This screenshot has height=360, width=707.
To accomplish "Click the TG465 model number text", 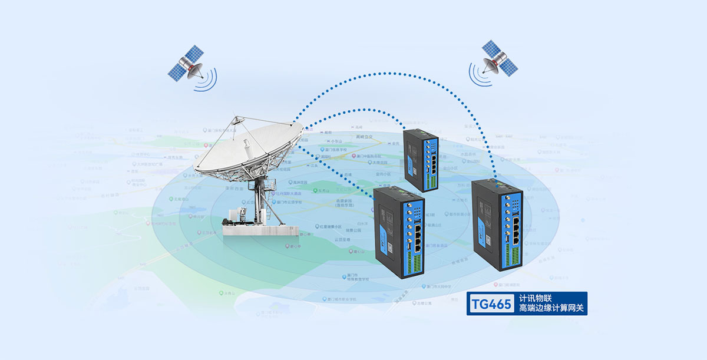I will pyautogui.click(x=491, y=303).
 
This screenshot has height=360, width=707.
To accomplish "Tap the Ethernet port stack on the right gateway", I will pyautogui.click(x=515, y=228).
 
